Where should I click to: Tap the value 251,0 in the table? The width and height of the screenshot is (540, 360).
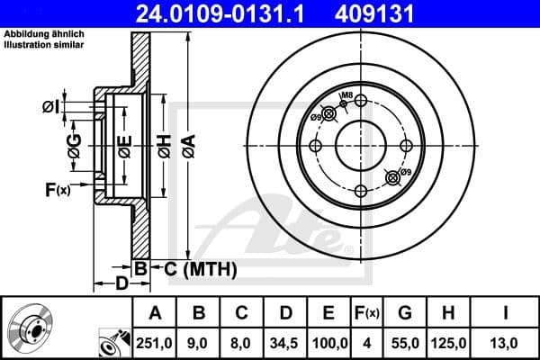(x=156, y=342)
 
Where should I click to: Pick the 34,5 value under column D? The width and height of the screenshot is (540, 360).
(x=285, y=342)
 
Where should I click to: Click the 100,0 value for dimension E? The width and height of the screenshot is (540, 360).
(x=329, y=342)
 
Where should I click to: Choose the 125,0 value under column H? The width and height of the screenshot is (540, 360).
(x=447, y=342)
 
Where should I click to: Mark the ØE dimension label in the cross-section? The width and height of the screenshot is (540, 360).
(x=124, y=145)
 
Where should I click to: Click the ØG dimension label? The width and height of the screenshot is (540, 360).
(x=75, y=143)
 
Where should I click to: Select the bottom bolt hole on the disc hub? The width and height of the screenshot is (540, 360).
(x=359, y=191)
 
